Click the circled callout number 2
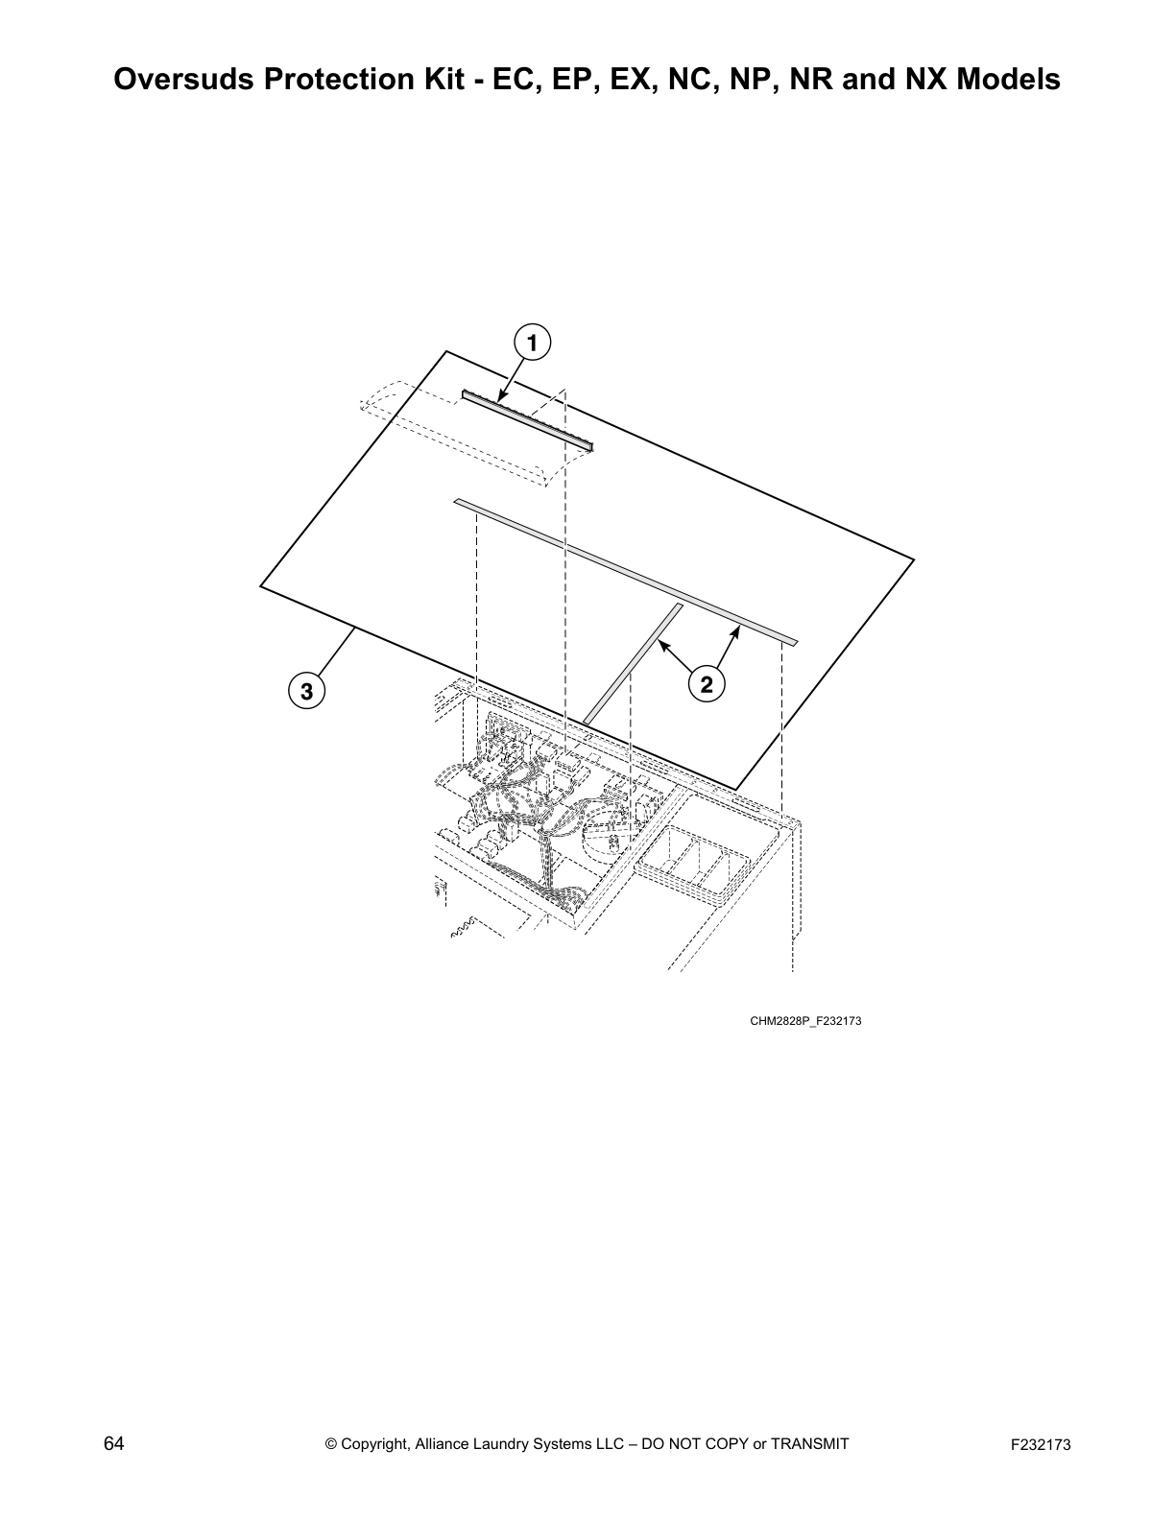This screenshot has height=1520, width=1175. tap(706, 684)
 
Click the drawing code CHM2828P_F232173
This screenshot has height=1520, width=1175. tap(805, 1020)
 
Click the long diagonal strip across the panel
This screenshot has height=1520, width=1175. tap(624, 571)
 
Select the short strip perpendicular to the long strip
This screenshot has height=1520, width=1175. tap(634, 662)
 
